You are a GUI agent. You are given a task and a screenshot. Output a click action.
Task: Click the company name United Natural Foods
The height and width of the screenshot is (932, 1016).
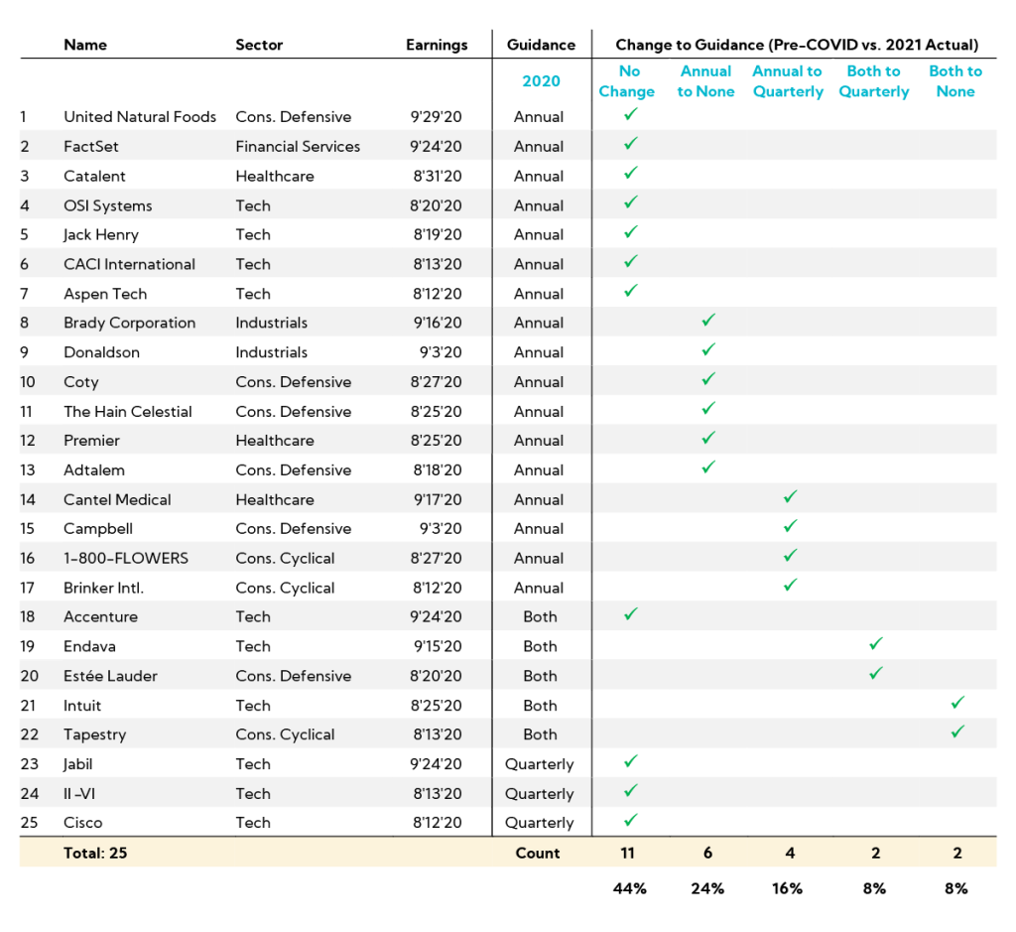(x=140, y=117)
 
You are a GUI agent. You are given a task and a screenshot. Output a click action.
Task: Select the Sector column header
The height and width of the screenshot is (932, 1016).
(x=259, y=45)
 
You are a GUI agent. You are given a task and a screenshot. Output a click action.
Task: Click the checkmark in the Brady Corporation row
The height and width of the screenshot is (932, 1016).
(x=707, y=321)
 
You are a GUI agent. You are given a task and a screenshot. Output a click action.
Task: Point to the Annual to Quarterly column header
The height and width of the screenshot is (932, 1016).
(x=787, y=81)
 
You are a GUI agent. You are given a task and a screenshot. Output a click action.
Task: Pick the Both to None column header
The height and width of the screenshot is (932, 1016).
(x=954, y=81)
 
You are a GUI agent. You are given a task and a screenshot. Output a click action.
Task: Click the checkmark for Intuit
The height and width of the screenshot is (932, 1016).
(x=956, y=703)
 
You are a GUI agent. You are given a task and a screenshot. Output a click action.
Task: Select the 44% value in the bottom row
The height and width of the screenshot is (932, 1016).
(x=629, y=888)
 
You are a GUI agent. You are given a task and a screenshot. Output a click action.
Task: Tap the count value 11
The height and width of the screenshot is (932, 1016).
(x=627, y=853)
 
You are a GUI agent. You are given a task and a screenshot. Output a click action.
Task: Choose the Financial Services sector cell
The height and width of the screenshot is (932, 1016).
(x=298, y=147)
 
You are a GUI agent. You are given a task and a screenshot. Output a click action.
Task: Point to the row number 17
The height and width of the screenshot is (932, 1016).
(x=27, y=588)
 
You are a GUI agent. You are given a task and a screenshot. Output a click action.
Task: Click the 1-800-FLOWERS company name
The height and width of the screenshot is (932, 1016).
(x=126, y=558)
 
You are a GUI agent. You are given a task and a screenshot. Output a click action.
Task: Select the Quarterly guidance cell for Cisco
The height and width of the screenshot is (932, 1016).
(x=540, y=823)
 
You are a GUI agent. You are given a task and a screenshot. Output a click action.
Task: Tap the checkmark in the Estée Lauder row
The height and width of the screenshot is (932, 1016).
(x=875, y=673)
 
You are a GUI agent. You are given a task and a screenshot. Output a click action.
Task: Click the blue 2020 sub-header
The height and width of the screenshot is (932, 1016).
(x=541, y=81)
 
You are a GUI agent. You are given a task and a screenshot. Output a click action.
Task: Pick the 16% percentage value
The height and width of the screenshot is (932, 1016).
(x=787, y=888)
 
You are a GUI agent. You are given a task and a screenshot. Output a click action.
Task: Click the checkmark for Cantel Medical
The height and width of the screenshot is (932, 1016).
(x=790, y=497)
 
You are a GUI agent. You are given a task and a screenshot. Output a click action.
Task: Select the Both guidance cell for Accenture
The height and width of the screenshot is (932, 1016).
(x=540, y=616)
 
